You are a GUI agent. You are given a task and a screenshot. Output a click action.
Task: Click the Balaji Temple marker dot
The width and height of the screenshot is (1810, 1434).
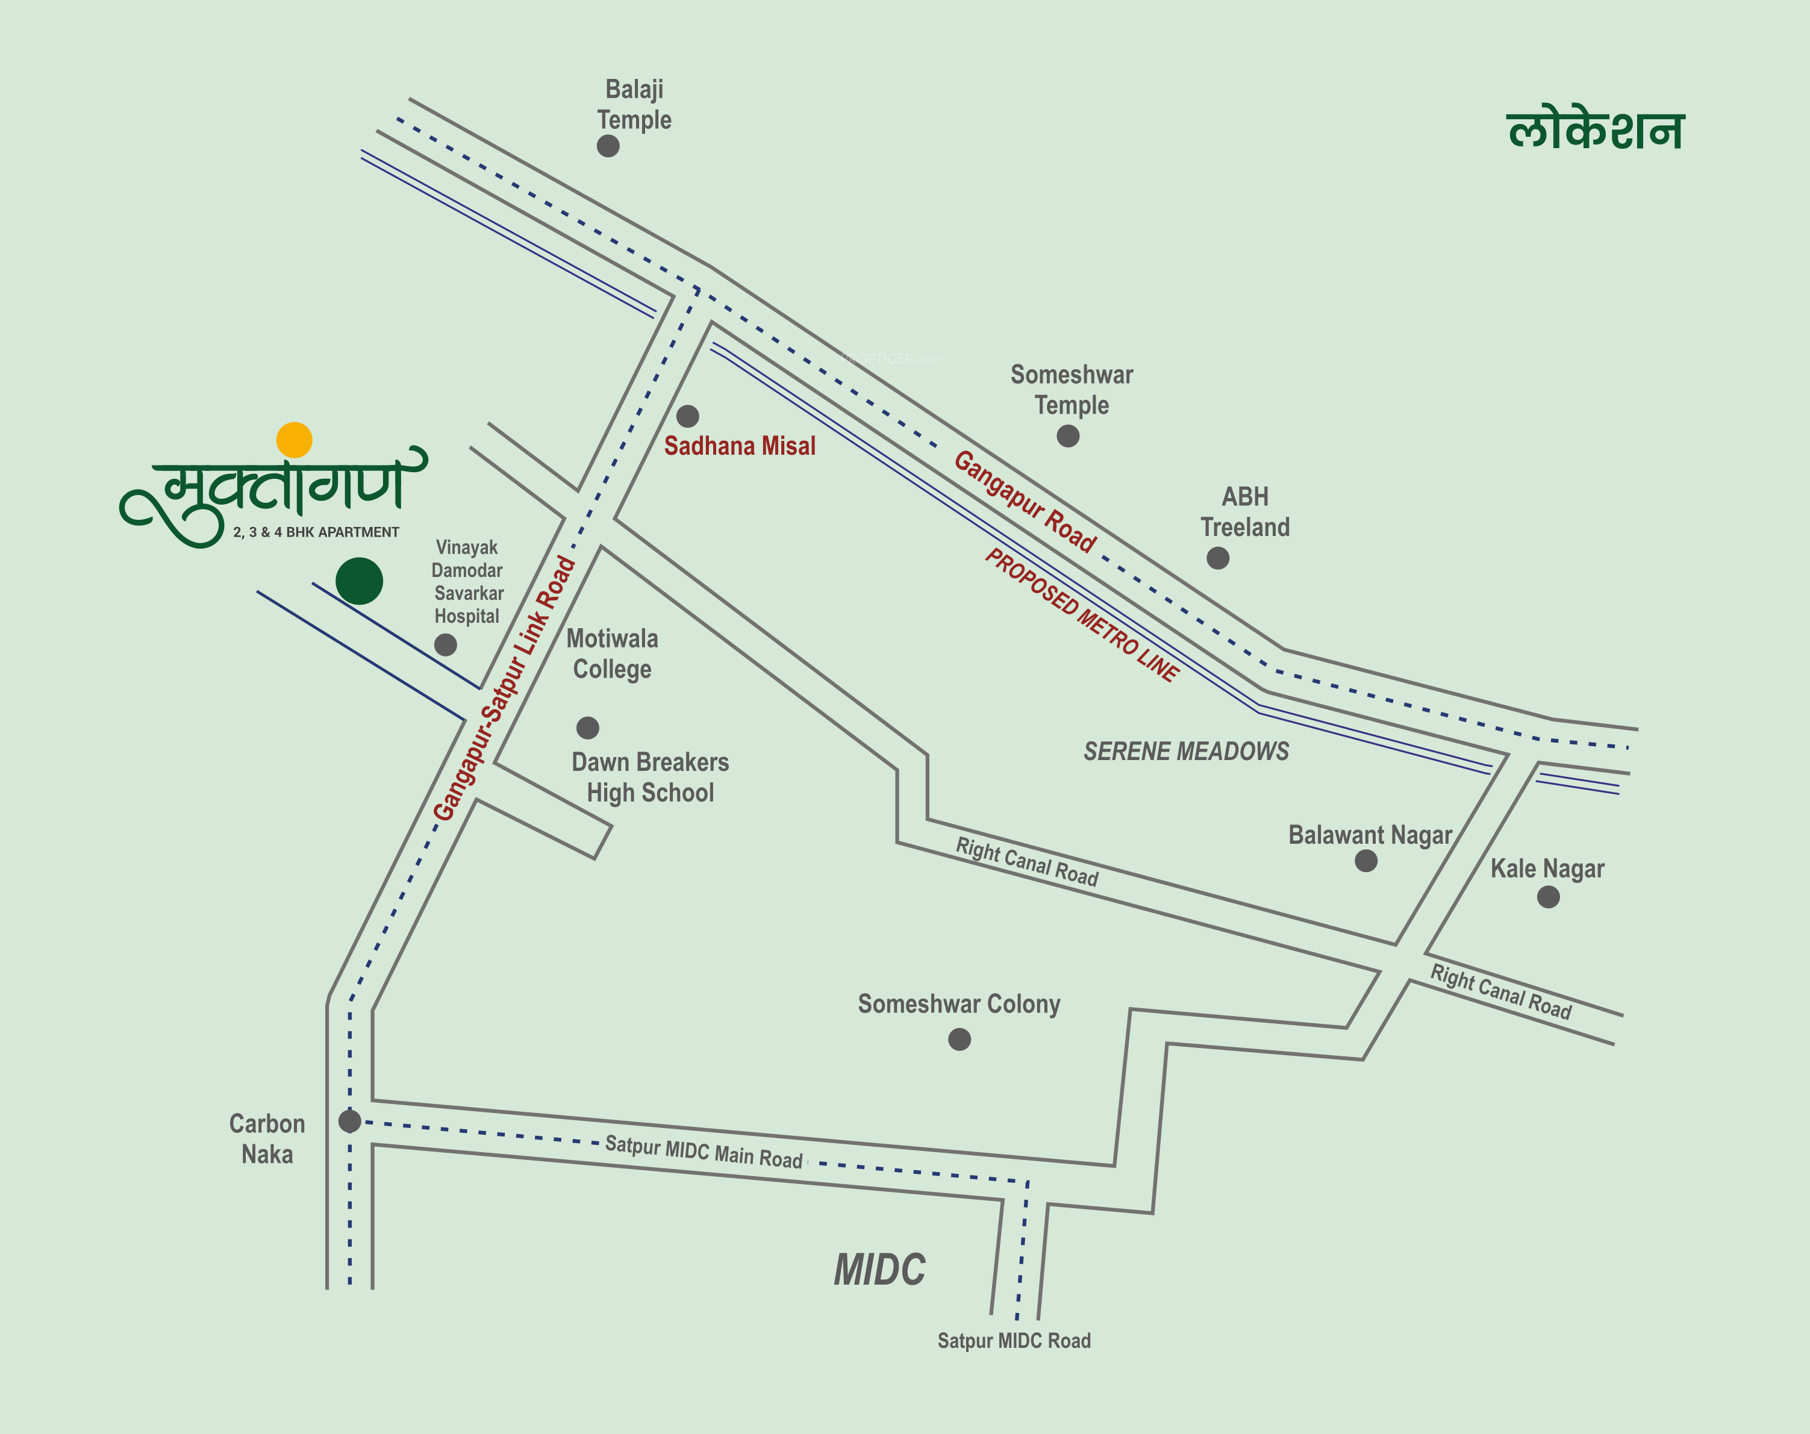tap(608, 146)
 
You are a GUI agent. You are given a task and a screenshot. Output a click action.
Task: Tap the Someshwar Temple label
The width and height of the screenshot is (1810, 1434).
tap(1071, 390)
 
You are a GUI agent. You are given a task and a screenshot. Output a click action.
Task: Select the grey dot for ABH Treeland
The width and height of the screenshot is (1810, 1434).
tap(1217, 558)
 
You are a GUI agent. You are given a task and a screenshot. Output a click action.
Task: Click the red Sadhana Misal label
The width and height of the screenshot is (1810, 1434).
tap(740, 446)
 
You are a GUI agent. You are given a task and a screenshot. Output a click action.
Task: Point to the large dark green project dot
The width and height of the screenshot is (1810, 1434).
tap(360, 581)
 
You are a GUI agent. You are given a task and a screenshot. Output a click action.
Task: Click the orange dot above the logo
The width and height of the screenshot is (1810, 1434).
tap(294, 440)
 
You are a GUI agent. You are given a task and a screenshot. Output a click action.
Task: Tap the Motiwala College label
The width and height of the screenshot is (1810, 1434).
tap(612, 654)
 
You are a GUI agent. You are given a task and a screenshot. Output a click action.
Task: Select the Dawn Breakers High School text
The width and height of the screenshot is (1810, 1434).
tap(650, 778)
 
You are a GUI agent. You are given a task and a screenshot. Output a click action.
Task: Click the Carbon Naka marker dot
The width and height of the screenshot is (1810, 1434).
tap(349, 1120)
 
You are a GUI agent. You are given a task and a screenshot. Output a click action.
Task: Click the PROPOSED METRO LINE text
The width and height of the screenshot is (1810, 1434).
tap(1082, 614)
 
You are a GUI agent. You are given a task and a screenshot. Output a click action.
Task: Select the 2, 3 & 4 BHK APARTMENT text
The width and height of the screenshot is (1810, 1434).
tap(316, 532)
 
